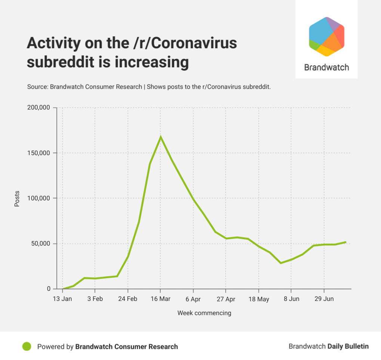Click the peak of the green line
(x=161, y=137)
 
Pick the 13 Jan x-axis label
(x=62, y=299)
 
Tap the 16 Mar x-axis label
(x=161, y=299)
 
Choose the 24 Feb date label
(x=128, y=299)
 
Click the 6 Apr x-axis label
(x=193, y=299)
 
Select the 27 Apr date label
(x=226, y=299)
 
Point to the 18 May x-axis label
(x=258, y=299)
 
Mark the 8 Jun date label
(x=291, y=299)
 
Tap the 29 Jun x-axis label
(x=324, y=299)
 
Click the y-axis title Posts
(x=17, y=199)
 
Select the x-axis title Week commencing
(x=204, y=313)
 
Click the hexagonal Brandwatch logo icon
(x=326, y=37)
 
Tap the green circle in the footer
(x=27, y=347)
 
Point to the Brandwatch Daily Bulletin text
(x=328, y=347)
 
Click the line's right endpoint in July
(x=346, y=242)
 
